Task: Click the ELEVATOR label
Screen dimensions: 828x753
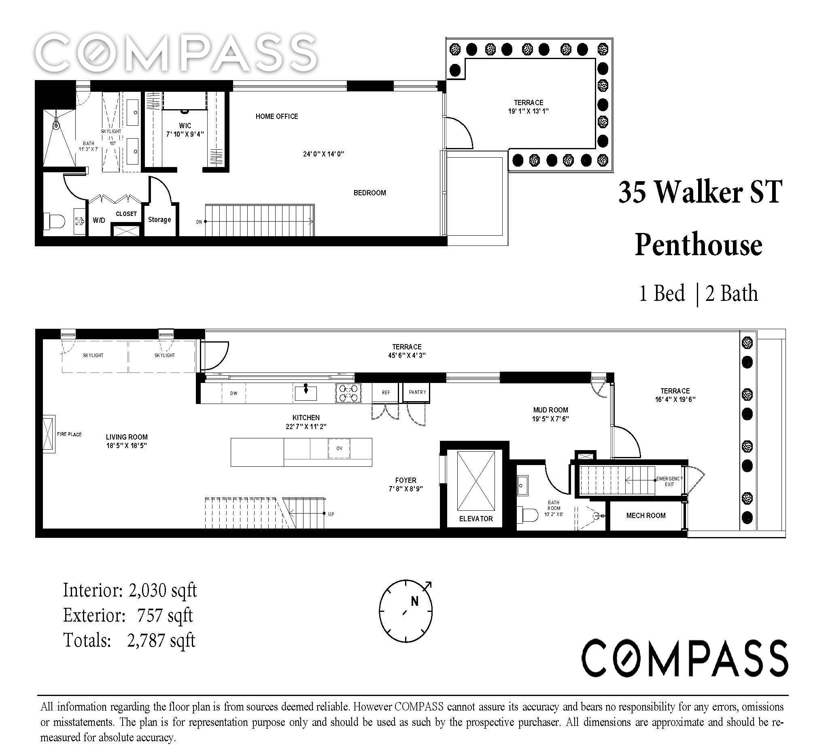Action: coord(476,519)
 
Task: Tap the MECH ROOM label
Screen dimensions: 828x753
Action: coord(645,515)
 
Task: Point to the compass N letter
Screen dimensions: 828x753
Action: coord(415,601)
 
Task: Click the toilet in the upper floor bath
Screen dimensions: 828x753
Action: coord(55,222)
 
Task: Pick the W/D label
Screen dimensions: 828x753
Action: coord(99,220)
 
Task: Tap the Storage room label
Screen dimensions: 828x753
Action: coord(159,220)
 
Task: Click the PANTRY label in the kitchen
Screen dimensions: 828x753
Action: coord(417,392)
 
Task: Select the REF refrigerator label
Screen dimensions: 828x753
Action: coord(386,393)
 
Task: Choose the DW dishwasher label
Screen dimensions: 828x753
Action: coord(234,393)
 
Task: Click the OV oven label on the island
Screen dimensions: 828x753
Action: coord(339,448)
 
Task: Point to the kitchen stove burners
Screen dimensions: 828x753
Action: coord(348,392)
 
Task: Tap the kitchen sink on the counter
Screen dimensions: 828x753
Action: coord(306,392)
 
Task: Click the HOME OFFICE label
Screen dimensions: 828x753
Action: coord(277,116)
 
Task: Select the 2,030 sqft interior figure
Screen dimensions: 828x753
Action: coord(163,590)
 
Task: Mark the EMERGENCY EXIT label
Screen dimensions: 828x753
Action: coord(669,481)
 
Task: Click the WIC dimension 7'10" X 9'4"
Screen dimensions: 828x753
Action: coord(185,134)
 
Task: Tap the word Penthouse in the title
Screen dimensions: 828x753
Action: coord(698,245)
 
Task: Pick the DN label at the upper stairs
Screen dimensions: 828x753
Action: coord(199,222)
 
